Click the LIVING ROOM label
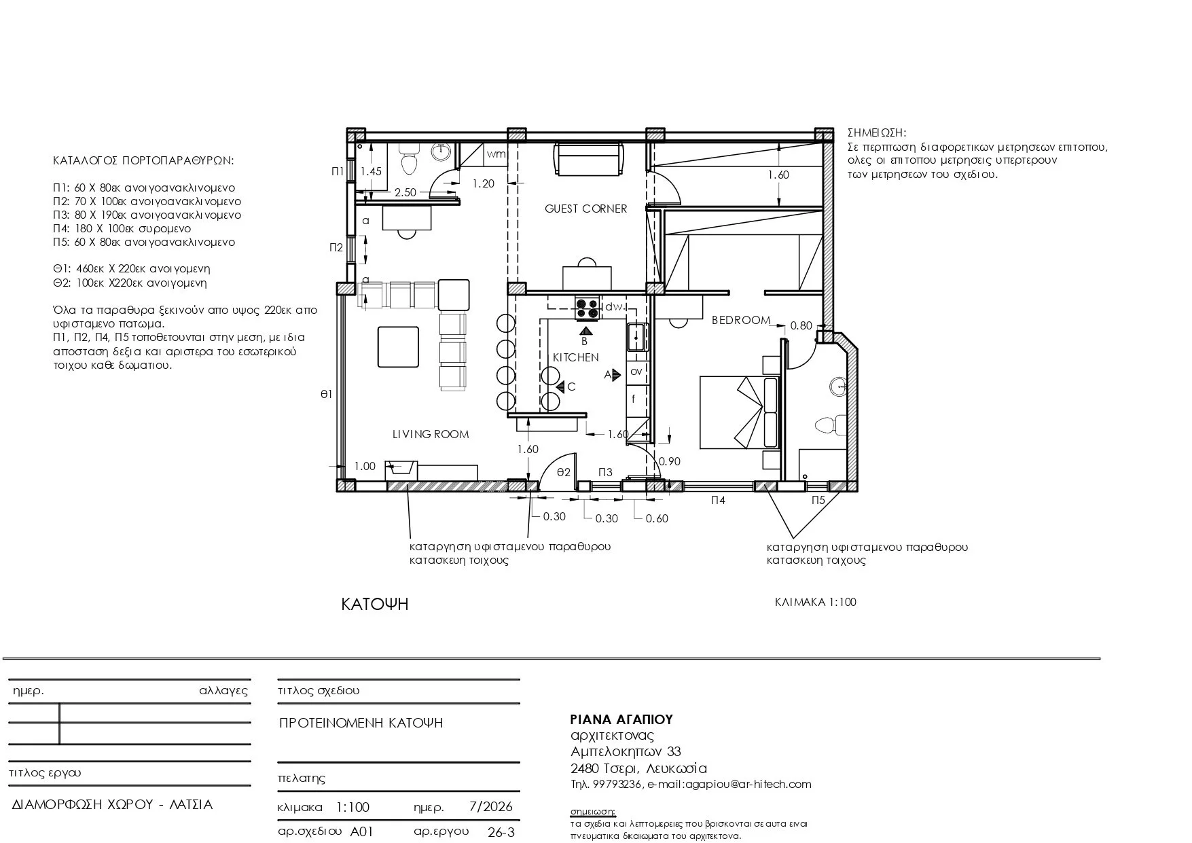click(431, 434)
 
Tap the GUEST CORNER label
click(585, 209)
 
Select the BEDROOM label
click(741, 320)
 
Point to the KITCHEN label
click(575, 357)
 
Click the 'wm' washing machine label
click(496, 154)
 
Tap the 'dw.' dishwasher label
click(615, 307)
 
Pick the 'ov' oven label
click(636, 372)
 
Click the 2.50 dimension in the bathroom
click(405, 192)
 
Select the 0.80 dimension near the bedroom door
click(801, 325)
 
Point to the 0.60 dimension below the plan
click(657, 518)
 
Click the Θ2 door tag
click(563, 472)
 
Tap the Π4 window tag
click(718, 500)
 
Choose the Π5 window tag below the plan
click(818, 500)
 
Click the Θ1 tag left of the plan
click(326, 393)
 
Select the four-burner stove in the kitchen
click(588, 308)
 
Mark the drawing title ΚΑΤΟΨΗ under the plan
click(375, 604)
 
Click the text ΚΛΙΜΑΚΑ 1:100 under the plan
click(816, 602)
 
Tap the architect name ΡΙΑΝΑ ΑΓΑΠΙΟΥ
click(621, 719)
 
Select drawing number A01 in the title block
click(362, 831)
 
